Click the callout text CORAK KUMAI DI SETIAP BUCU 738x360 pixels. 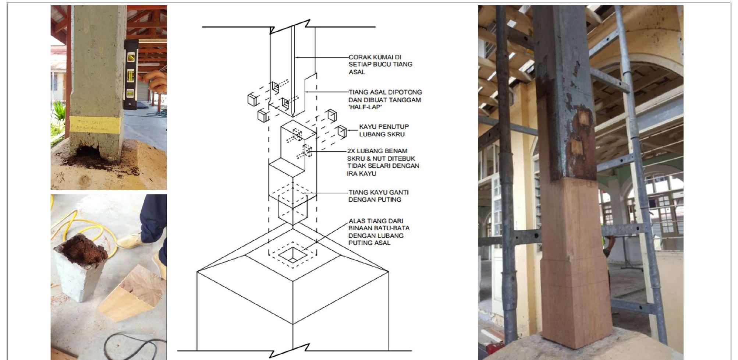tap(380, 64)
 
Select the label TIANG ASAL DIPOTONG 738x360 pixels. tap(385, 92)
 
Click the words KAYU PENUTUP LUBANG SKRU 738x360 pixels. tap(383, 130)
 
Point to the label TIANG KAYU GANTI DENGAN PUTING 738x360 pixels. tap(378, 196)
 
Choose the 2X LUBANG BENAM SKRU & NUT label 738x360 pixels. tap(383, 162)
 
